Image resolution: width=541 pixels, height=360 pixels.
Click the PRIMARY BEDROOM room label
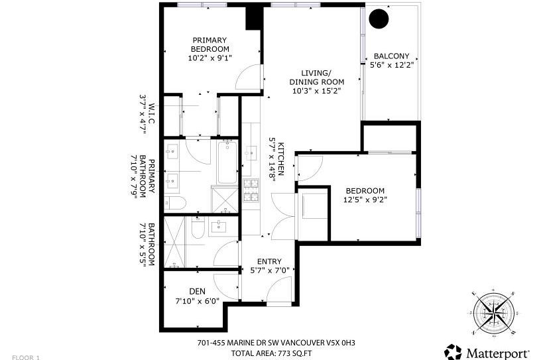(x=210, y=44)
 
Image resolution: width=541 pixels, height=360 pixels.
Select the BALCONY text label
(x=391, y=56)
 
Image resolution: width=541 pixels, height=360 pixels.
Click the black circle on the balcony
(x=379, y=20)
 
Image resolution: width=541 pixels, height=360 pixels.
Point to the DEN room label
(x=197, y=290)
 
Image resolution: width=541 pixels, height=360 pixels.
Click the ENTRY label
(x=269, y=261)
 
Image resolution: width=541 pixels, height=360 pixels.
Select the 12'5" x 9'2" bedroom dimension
(x=365, y=199)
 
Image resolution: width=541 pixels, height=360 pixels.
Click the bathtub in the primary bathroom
(x=227, y=162)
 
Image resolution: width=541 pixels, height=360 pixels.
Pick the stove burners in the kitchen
(x=252, y=191)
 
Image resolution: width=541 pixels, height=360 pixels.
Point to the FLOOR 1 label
(x=27, y=357)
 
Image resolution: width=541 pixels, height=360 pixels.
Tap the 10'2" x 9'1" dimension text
(x=210, y=58)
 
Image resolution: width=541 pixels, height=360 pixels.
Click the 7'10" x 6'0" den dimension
(x=197, y=300)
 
